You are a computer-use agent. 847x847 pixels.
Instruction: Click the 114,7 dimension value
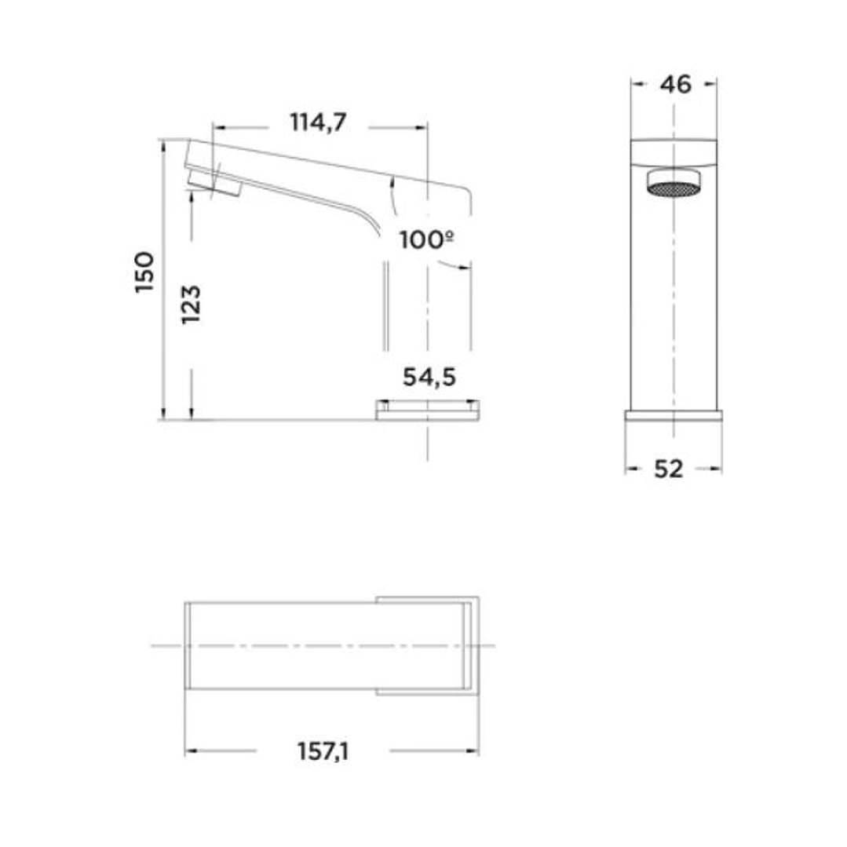point(318,123)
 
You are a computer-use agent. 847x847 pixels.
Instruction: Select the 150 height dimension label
point(145,272)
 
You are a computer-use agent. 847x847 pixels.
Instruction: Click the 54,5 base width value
point(429,378)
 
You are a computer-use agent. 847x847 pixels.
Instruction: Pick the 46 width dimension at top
point(675,84)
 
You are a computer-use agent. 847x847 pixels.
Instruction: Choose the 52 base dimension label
point(668,469)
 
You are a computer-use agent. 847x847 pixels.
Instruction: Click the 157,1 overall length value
point(323,751)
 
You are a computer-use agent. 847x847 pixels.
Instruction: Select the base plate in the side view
point(427,411)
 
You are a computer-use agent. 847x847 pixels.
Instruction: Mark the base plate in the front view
point(674,415)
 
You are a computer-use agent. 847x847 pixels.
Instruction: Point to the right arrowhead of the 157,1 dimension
point(474,751)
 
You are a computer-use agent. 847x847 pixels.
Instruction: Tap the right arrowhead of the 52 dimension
point(717,469)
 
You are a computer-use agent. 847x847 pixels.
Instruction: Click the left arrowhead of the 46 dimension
point(637,83)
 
